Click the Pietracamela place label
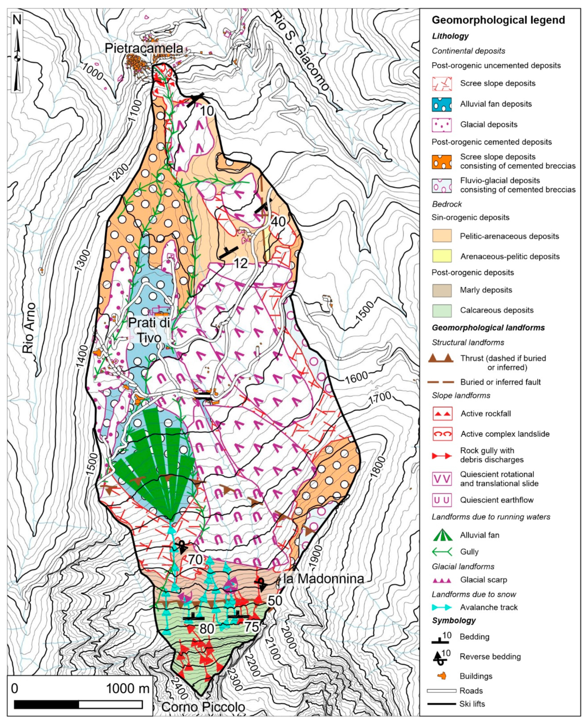click(x=143, y=48)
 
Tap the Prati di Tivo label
click(x=149, y=330)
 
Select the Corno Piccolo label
click(x=203, y=707)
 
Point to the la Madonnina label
click(x=323, y=579)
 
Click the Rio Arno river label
click(x=29, y=328)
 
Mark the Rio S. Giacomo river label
click(x=300, y=51)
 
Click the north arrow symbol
click(x=17, y=52)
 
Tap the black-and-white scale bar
click(x=78, y=704)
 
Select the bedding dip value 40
click(x=278, y=221)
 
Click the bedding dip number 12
click(x=240, y=263)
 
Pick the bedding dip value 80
click(x=207, y=628)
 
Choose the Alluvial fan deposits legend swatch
click(x=441, y=104)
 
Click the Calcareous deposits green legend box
click(x=441, y=311)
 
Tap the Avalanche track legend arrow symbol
click(x=441, y=607)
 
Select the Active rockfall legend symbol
click(x=442, y=414)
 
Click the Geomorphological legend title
click(x=498, y=20)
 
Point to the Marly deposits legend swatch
click(x=441, y=290)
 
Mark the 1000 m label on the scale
click(x=128, y=689)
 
